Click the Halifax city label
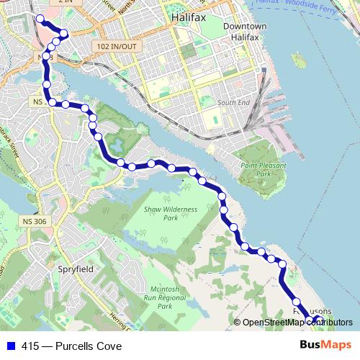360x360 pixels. [189, 15]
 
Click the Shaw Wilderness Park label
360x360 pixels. [161, 213]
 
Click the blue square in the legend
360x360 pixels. [11, 346]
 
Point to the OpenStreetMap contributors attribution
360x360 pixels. [297, 323]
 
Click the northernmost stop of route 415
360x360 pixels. [40, 19]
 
